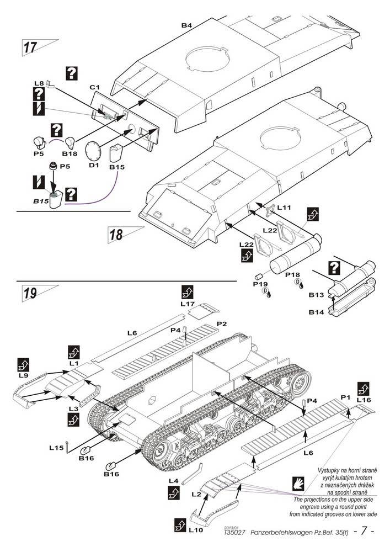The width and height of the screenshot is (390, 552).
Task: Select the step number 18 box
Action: [116, 234]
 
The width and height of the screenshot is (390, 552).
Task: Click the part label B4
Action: [186, 25]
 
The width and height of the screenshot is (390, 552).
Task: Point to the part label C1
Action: [94, 88]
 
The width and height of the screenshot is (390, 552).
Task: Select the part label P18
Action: [292, 274]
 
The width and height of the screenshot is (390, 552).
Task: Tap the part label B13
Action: [316, 295]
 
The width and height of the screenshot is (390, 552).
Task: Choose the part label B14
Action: [316, 312]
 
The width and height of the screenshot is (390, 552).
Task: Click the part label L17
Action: [188, 303]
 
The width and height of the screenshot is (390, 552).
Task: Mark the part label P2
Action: [222, 322]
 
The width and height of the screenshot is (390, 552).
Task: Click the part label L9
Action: [23, 375]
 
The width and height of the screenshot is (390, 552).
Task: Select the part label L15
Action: [56, 448]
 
